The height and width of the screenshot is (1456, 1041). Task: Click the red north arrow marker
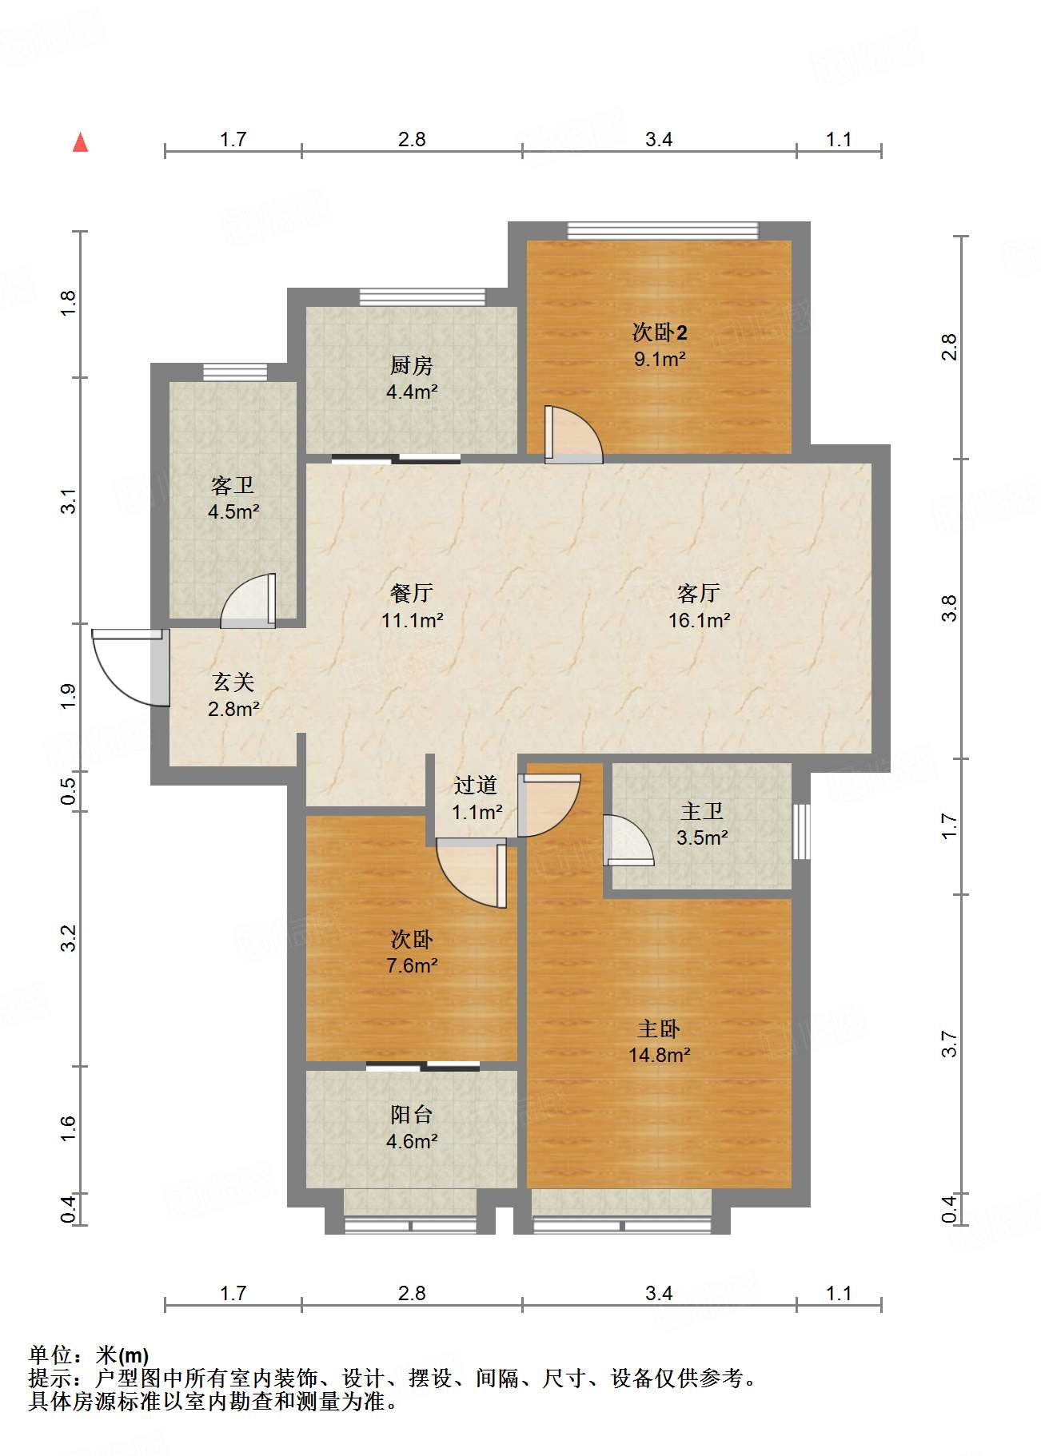pos(80,142)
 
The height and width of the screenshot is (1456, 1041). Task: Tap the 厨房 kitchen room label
pos(411,366)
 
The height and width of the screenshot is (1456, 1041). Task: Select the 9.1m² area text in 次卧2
pos(660,359)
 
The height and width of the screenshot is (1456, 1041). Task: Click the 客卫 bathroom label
pos(233,486)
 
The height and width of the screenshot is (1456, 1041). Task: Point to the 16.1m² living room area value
pos(699,620)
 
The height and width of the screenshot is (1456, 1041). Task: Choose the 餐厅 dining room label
pos(412,593)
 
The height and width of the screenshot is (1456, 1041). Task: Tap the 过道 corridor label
pos(476,786)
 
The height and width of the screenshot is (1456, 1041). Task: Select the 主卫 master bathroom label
pos(701,812)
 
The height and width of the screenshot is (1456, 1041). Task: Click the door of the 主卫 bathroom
pos(628,841)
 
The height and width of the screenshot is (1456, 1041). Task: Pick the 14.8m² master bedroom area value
pos(659,1055)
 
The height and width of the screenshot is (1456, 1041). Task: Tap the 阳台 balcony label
pos(411,1115)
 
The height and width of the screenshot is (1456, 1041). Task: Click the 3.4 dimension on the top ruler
pos(659,140)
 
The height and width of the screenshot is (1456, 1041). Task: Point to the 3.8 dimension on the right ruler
pos(949,609)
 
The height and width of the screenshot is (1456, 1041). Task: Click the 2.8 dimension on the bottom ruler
pos(412,1293)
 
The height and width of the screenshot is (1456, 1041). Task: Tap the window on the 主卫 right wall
pos(801,832)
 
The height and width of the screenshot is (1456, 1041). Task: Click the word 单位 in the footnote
pos(50,1355)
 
